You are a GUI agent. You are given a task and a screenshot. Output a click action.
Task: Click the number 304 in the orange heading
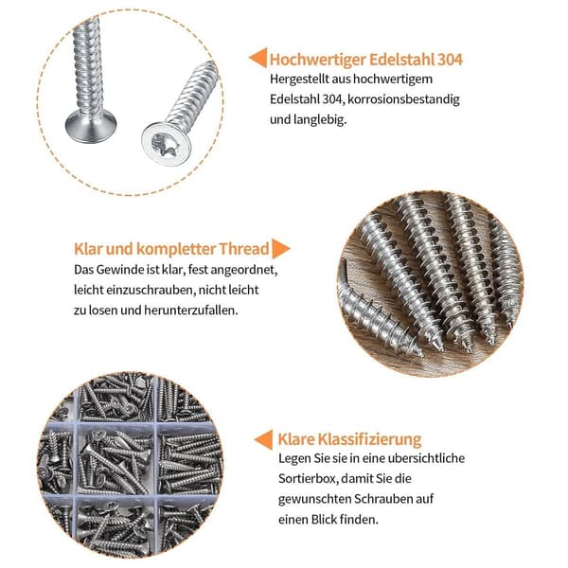point(450,60)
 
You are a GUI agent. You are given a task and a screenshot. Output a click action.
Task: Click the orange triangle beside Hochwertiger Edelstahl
point(257,58)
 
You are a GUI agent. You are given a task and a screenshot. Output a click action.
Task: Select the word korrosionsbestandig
point(403,99)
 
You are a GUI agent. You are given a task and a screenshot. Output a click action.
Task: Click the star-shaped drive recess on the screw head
point(165,144)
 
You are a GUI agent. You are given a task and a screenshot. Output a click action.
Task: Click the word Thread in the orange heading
point(244,249)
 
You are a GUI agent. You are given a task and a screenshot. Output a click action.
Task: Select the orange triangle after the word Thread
point(281,248)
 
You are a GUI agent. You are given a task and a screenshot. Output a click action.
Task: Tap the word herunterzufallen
point(191,311)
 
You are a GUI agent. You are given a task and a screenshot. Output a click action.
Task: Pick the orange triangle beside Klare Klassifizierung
point(263,439)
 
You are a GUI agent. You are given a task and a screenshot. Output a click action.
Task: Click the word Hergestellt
point(299,79)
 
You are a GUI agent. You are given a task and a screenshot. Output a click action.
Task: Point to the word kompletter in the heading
point(176,249)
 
